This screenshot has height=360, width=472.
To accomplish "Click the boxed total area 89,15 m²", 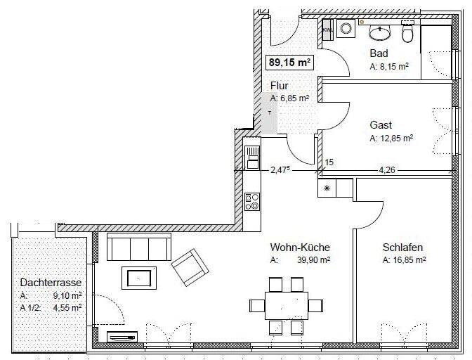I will (290, 62).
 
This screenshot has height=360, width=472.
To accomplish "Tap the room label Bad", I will (379, 53).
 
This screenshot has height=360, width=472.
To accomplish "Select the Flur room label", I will (280, 86).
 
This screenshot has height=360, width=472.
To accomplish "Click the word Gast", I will (381, 124).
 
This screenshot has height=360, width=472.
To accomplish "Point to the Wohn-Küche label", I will (300, 247).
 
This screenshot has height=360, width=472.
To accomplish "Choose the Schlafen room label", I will (402, 247).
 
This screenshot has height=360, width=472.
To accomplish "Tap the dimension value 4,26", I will (388, 169).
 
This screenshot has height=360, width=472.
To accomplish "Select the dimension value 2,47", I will (280, 169).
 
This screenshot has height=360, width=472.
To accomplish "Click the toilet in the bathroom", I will (407, 32).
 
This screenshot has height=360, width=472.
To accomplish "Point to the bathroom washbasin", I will (379, 31).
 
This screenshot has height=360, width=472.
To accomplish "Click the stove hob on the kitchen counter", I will (251, 202).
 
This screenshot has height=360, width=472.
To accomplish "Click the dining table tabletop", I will (287, 305).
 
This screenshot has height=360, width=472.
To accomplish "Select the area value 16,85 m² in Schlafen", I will (404, 260).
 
